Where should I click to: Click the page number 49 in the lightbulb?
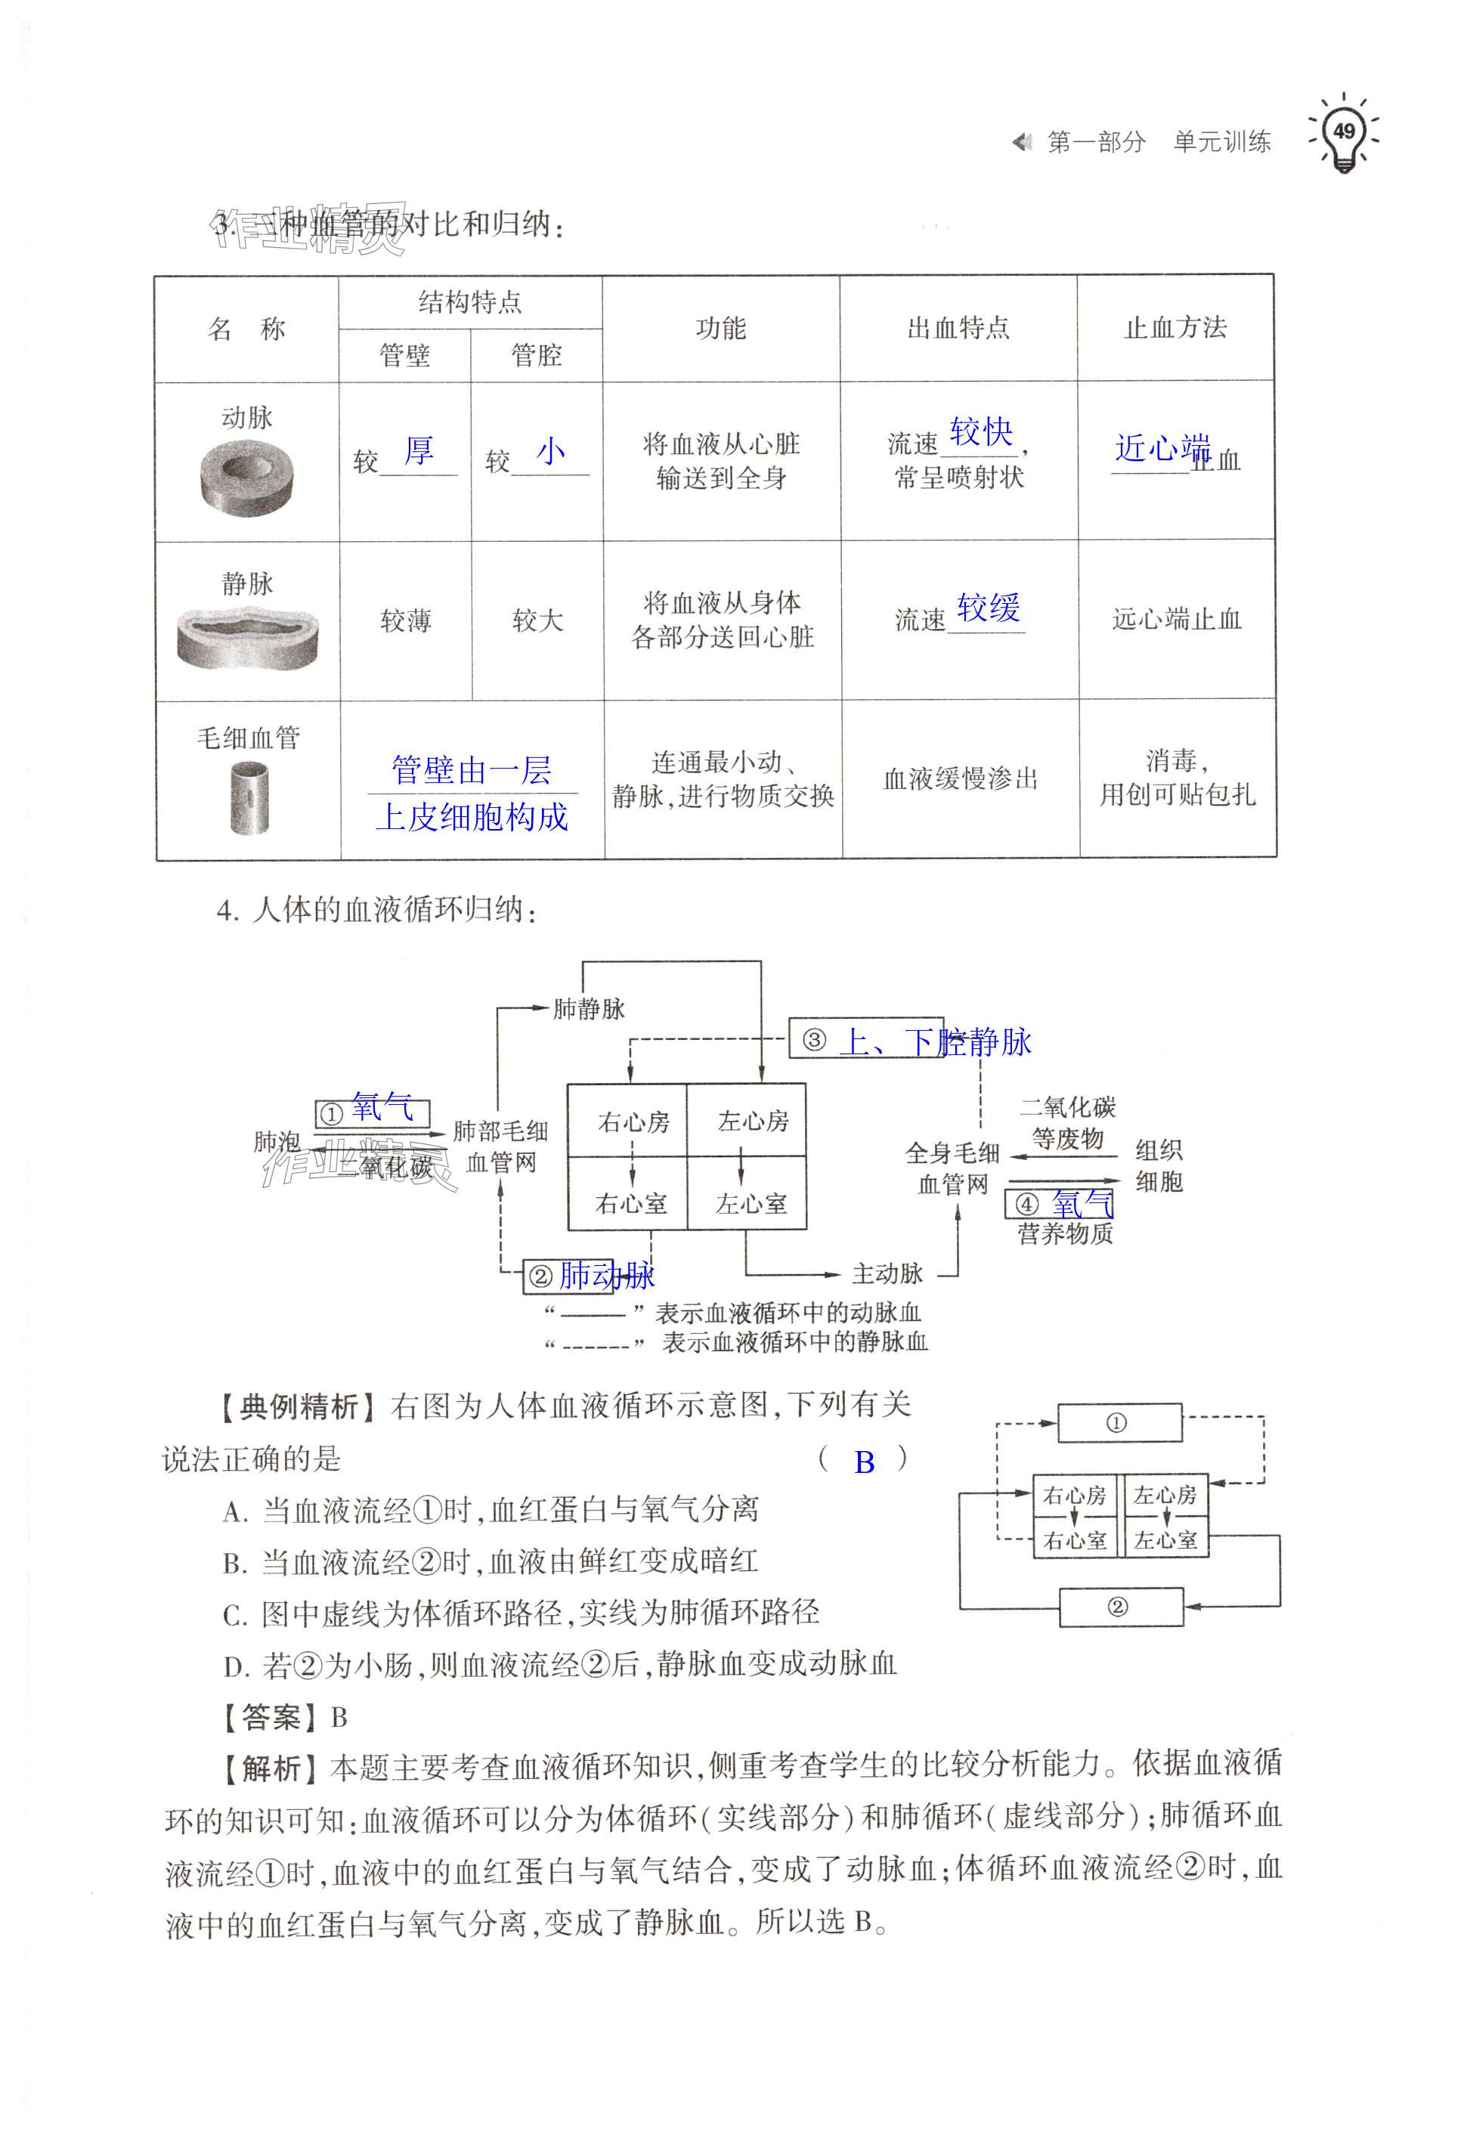(1344, 131)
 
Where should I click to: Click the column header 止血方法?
(1175, 327)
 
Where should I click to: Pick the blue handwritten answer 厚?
(419, 450)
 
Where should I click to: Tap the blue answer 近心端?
(1161, 448)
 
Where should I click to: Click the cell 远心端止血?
(1176, 619)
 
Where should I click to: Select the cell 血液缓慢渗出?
(960, 779)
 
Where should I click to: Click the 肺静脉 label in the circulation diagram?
(589, 1009)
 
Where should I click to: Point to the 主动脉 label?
(887, 1273)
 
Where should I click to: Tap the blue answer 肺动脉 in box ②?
(606, 1275)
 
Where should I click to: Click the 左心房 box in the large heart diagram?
(752, 1121)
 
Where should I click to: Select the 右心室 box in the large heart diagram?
(631, 1203)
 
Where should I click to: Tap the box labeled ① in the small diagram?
(1119, 1423)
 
